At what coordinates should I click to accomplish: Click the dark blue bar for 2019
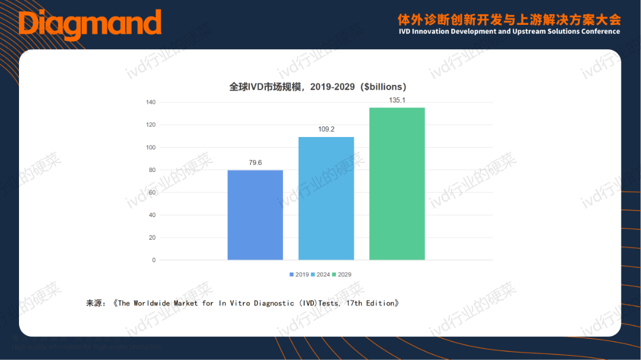pyautogui.click(x=255, y=215)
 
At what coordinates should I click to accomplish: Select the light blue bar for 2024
pyautogui.click(x=326, y=198)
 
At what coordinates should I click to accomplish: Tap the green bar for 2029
pyautogui.click(x=397, y=183)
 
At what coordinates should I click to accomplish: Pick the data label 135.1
pyautogui.click(x=397, y=100)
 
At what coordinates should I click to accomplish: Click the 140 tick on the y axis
pyautogui.click(x=151, y=103)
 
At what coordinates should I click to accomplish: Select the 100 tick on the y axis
pyautogui.click(x=151, y=148)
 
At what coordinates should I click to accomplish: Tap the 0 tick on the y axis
pyautogui.click(x=153, y=260)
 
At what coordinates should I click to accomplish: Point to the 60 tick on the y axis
pyautogui.click(x=152, y=193)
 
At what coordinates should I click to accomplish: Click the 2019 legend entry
pyautogui.click(x=299, y=275)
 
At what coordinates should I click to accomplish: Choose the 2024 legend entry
pyautogui.click(x=320, y=275)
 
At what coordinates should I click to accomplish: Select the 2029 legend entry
pyautogui.click(x=342, y=275)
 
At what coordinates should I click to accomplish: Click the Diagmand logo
pyautogui.click(x=90, y=24)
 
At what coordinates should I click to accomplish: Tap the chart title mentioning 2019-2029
pyautogui.click(x=318, y=87)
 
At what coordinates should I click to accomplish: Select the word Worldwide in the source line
pyautogui.click(x=153, y=303)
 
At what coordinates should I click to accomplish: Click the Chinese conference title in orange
pyautogui.click(x=509, y=18)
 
